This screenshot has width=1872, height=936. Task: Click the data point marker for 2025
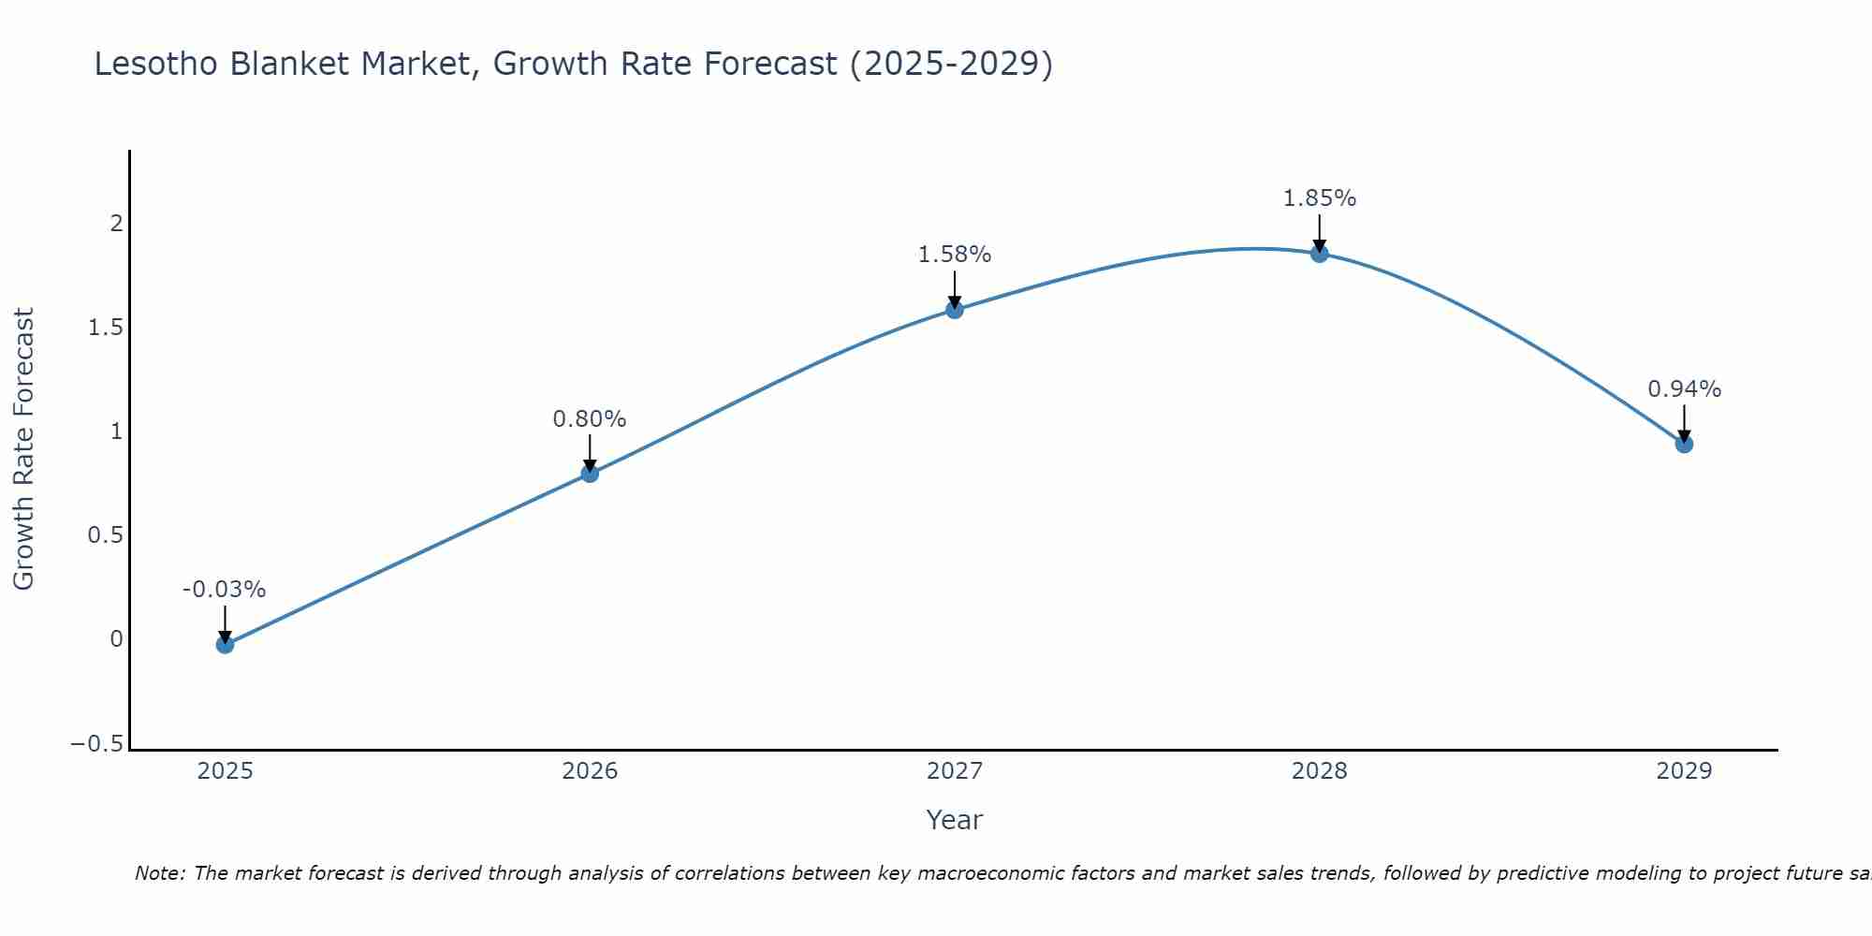click(225, 644)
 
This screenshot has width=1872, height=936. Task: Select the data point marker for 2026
click(590, 474)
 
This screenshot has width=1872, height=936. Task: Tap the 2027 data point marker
click(955, 310)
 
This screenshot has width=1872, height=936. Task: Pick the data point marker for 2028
click(1319, 254)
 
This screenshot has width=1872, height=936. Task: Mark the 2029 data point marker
click(1684, 444)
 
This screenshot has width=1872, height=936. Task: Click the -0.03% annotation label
click(224, 590)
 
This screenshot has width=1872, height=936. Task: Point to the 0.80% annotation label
click(590, 419)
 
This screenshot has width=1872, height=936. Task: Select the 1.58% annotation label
click(955, 255)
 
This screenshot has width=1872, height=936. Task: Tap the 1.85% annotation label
click(1319, 198)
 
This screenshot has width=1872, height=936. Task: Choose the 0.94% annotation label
click(1684, 389)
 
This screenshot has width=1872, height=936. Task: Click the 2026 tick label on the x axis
click(590, 771)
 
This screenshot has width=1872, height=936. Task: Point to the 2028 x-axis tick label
click(1319, 771)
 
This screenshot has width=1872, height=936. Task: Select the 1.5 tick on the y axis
click(106, 328)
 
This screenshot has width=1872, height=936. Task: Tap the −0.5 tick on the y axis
click(96, 744)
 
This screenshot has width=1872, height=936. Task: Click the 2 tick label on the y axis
click(117, 224)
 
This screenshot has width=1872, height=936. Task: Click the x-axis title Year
click(954, 821)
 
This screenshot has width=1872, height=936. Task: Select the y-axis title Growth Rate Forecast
click(23, 449)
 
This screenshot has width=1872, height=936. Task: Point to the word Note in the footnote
click(158, 874)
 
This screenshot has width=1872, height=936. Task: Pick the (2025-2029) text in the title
click(951, 64)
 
